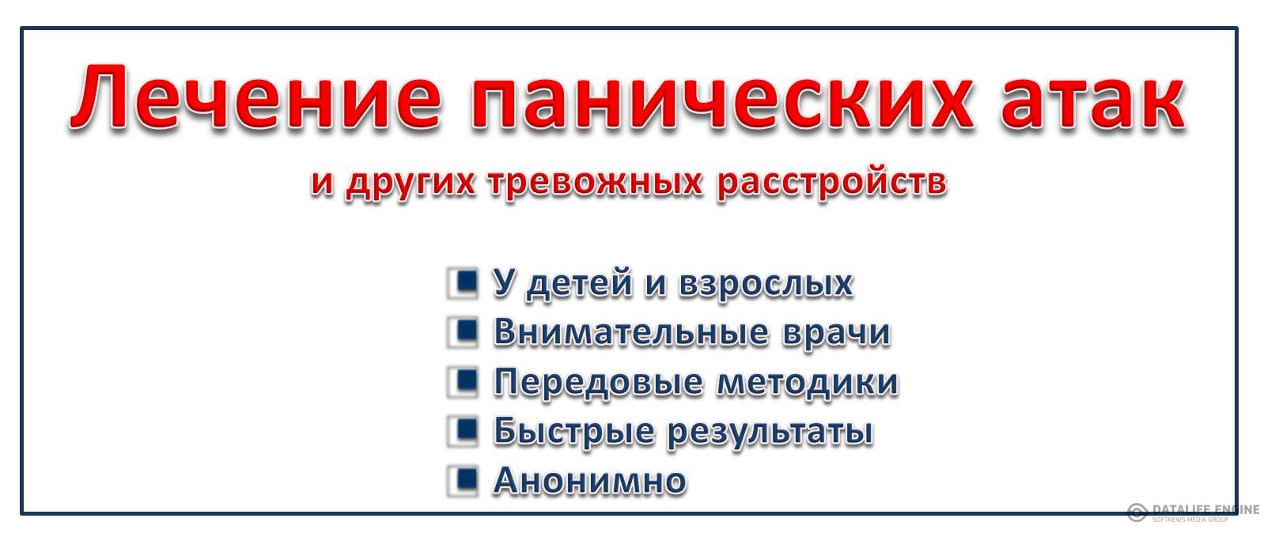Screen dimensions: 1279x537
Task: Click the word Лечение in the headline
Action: [x=256, y=97]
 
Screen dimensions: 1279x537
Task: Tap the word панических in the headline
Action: [x=722, y=97]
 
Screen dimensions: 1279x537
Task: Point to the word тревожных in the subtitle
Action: [x=595, y=183]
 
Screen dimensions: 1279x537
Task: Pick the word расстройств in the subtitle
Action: [x=831, y=183]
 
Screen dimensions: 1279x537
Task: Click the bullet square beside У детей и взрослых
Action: [x=463, y=282]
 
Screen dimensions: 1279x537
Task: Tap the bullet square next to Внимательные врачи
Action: [x=463, y=331]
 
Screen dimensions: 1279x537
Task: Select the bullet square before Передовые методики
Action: [x=463, y=381]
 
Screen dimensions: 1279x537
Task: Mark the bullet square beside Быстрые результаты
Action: [x=463, y=431]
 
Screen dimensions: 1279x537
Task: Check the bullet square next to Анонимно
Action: [x=463, y=481]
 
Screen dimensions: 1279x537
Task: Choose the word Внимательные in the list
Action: [x=631, y=332]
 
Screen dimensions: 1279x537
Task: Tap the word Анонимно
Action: [x=590, y=481]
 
